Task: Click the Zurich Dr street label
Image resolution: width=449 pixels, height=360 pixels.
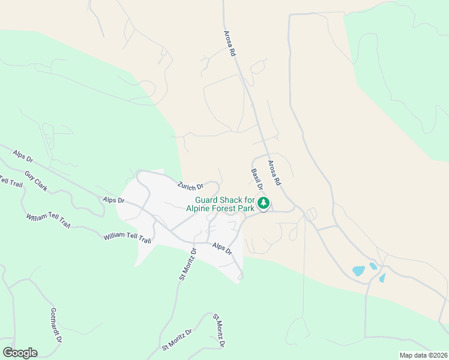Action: click(191, 186)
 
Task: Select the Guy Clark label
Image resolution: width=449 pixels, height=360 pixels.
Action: click(36, 181)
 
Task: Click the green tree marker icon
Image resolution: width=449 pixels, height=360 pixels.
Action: click(263, 204)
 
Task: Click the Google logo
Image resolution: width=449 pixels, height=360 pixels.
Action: click(20, 353)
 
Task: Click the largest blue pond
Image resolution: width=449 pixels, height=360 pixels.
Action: click(358, 271)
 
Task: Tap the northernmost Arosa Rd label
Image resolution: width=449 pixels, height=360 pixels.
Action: click(229, 44)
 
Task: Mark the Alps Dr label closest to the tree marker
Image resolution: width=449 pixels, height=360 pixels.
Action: click(222, 248)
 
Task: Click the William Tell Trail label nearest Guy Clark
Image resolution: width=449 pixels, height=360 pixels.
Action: click(48, 220)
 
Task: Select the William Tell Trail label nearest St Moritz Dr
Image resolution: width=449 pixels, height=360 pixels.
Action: click(127, 238)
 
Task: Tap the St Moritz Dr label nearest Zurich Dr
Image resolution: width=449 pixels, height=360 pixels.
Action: click(188, 265)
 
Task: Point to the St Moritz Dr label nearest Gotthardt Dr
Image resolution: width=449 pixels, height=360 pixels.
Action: click(176, 340)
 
